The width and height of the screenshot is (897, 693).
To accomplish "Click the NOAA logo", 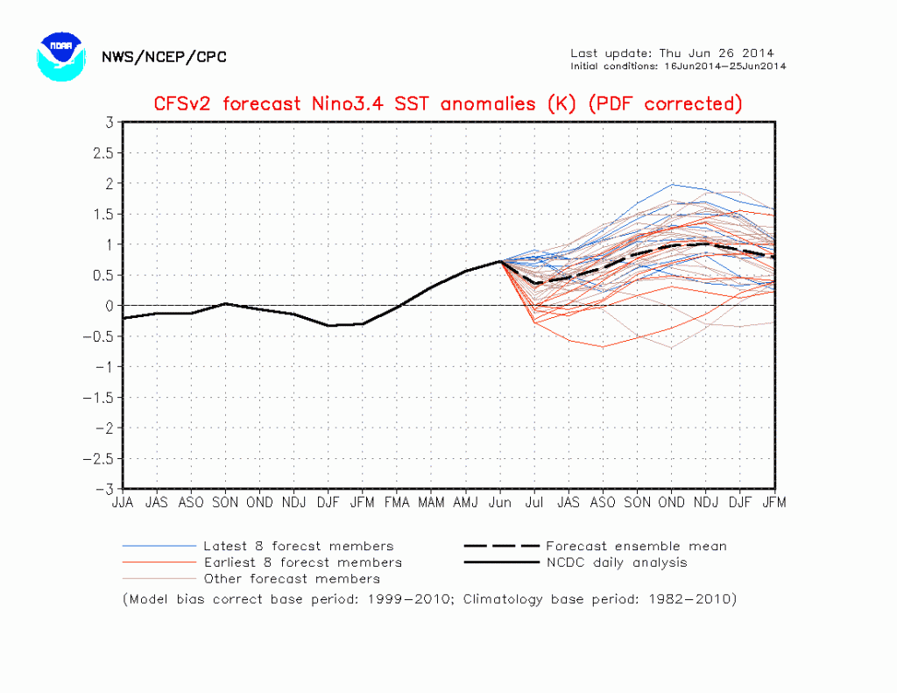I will pos(60,56).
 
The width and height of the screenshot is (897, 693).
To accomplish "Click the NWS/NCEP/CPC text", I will pos(164,57).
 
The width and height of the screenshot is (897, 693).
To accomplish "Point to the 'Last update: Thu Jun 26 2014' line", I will pos(672,53).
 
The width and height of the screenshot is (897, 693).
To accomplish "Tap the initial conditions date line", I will pos(678,66).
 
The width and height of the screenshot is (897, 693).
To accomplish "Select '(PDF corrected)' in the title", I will pos(665,103).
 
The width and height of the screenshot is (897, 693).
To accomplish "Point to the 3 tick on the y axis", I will pos(109,122).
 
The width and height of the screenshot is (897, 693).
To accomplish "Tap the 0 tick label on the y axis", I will pos(109,306).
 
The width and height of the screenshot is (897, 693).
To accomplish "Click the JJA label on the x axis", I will pos(123,503).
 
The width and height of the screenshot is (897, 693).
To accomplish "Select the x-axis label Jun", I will pos(500,503).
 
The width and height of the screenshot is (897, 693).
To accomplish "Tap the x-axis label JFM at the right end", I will pos(774,503).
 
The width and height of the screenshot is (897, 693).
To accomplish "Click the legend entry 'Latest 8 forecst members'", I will pos(298,546).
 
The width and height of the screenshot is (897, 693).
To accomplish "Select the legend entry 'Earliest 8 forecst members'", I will pos(302,562).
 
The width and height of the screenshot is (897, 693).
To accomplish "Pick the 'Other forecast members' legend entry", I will pos(292,578).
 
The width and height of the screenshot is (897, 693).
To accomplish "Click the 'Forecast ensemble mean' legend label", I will pos(636,546).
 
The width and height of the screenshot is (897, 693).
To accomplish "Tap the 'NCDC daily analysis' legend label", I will pos(617,562).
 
